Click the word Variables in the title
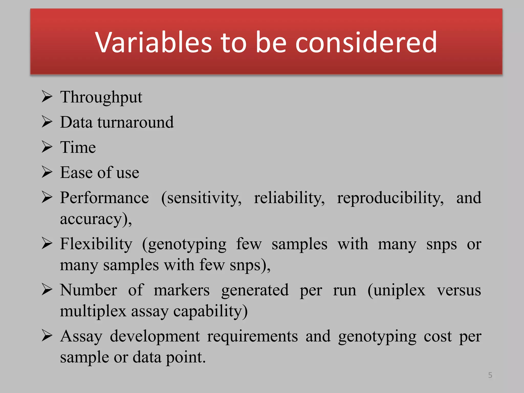(154, 42)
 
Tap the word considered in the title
(366, 42)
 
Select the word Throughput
(101, 97)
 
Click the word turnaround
(135, 122)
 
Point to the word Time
(78, 147)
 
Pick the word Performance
(104, 198)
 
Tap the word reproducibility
(390, 198)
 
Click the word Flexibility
(96, 244)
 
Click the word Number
(89, 290)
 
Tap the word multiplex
(93, 311)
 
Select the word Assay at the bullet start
(81, 336)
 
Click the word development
(155, 336)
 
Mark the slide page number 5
(490, 375)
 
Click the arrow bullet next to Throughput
(47, 97)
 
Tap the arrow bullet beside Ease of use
(47, 172)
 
